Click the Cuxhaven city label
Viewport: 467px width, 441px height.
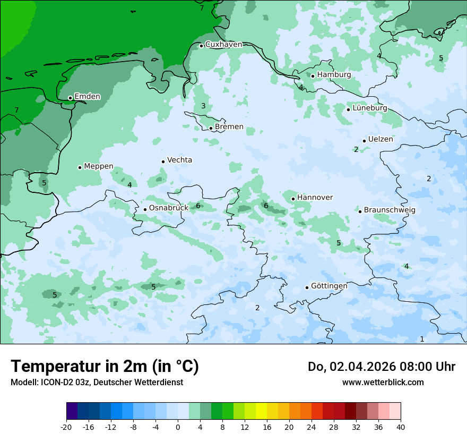point(223,45)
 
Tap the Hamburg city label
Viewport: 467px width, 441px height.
point(334,75)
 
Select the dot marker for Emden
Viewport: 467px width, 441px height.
point(70,98)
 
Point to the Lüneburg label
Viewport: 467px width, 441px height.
point(370,108)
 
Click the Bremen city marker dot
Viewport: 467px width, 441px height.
point(211,128)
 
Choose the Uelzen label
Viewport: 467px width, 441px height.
point(380,140)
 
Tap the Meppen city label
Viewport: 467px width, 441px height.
point(99,166)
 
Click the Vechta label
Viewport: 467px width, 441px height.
point(179,160)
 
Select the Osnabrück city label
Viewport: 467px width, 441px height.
point(169,208)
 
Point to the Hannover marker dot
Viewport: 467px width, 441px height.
point(293,199)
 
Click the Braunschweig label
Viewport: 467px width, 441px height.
point(390,210)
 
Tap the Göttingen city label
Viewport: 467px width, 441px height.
point(329,286)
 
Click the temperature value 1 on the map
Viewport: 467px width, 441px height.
point(422,339)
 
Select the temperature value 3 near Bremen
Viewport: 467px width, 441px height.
point(203,106)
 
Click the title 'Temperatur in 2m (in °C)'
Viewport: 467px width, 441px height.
point(105,367)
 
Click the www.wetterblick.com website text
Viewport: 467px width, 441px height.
point(383,383)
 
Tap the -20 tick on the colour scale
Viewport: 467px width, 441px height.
point(66,427)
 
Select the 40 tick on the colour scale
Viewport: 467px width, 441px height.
point(401,427)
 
